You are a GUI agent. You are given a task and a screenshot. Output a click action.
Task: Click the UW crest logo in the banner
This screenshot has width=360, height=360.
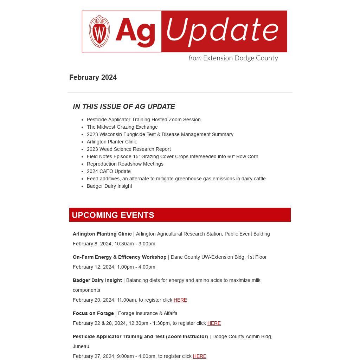[x=99, y=31]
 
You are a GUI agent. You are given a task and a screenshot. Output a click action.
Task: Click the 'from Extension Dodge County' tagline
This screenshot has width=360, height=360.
[x=233, y=58]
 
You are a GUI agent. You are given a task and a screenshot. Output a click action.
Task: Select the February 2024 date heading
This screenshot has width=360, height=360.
[x=93, y=77]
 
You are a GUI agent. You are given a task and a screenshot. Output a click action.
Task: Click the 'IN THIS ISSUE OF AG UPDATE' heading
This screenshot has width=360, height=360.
[x=124, y=107]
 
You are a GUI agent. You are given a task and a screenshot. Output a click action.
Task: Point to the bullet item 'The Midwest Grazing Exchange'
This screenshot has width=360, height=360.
[x=122, y=127]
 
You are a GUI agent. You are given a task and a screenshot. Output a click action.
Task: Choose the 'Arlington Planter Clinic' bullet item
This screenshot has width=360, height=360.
[x=112, y=142]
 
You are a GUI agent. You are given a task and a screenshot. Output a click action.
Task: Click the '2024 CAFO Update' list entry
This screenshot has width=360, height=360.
[x=109, y=171]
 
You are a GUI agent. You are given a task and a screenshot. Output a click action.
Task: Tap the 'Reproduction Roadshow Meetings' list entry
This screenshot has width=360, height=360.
[x=125, y=164]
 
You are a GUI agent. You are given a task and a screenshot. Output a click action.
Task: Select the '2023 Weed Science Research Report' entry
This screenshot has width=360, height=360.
[x=129, y=149]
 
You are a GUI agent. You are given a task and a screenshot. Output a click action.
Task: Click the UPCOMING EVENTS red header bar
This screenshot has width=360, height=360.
[x=180, y=215]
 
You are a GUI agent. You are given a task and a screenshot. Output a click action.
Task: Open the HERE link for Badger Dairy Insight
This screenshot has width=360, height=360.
[x=180, y=300]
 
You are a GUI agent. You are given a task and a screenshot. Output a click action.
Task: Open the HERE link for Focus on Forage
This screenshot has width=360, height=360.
[x=214, y=323]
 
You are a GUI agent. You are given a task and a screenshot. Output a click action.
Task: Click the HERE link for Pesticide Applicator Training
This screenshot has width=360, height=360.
[x=199, y=356]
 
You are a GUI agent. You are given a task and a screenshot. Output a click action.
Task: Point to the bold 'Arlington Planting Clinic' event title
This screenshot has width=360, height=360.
[x=102, y=234]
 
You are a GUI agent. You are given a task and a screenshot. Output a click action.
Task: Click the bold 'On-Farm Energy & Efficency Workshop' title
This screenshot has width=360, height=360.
[x=120, y=257]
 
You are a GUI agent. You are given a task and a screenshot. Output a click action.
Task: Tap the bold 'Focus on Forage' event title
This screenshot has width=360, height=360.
[x=93, y=313]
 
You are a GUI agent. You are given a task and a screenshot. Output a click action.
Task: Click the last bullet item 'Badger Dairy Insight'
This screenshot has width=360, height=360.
[x=109, y=186]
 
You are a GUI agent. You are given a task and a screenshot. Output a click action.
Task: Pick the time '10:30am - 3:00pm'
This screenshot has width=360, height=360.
[x=135, y=244]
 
